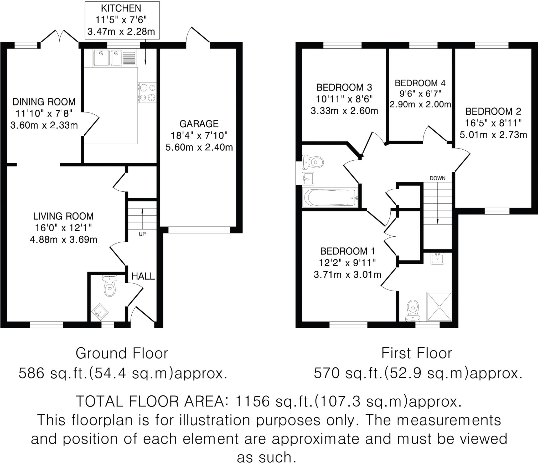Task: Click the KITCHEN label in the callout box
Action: pos(121,8)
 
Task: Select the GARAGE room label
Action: pos(199,124)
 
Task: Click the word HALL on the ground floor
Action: pos(143,276)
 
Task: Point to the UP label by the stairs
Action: pos(142,234)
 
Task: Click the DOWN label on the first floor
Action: pos(437,178)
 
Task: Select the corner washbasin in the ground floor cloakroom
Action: pos(100,312)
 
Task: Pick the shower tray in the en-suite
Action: pos(439,307)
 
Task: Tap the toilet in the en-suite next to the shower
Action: pos(413,310)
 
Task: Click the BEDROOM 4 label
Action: pos(420,83)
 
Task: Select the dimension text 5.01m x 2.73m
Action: pos(493,135)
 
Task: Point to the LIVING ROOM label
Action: pos(63,216)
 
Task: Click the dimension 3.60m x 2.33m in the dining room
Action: pos(44,125)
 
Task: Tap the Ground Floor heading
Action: pos(122,353)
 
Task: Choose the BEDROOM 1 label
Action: pos(347,251)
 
